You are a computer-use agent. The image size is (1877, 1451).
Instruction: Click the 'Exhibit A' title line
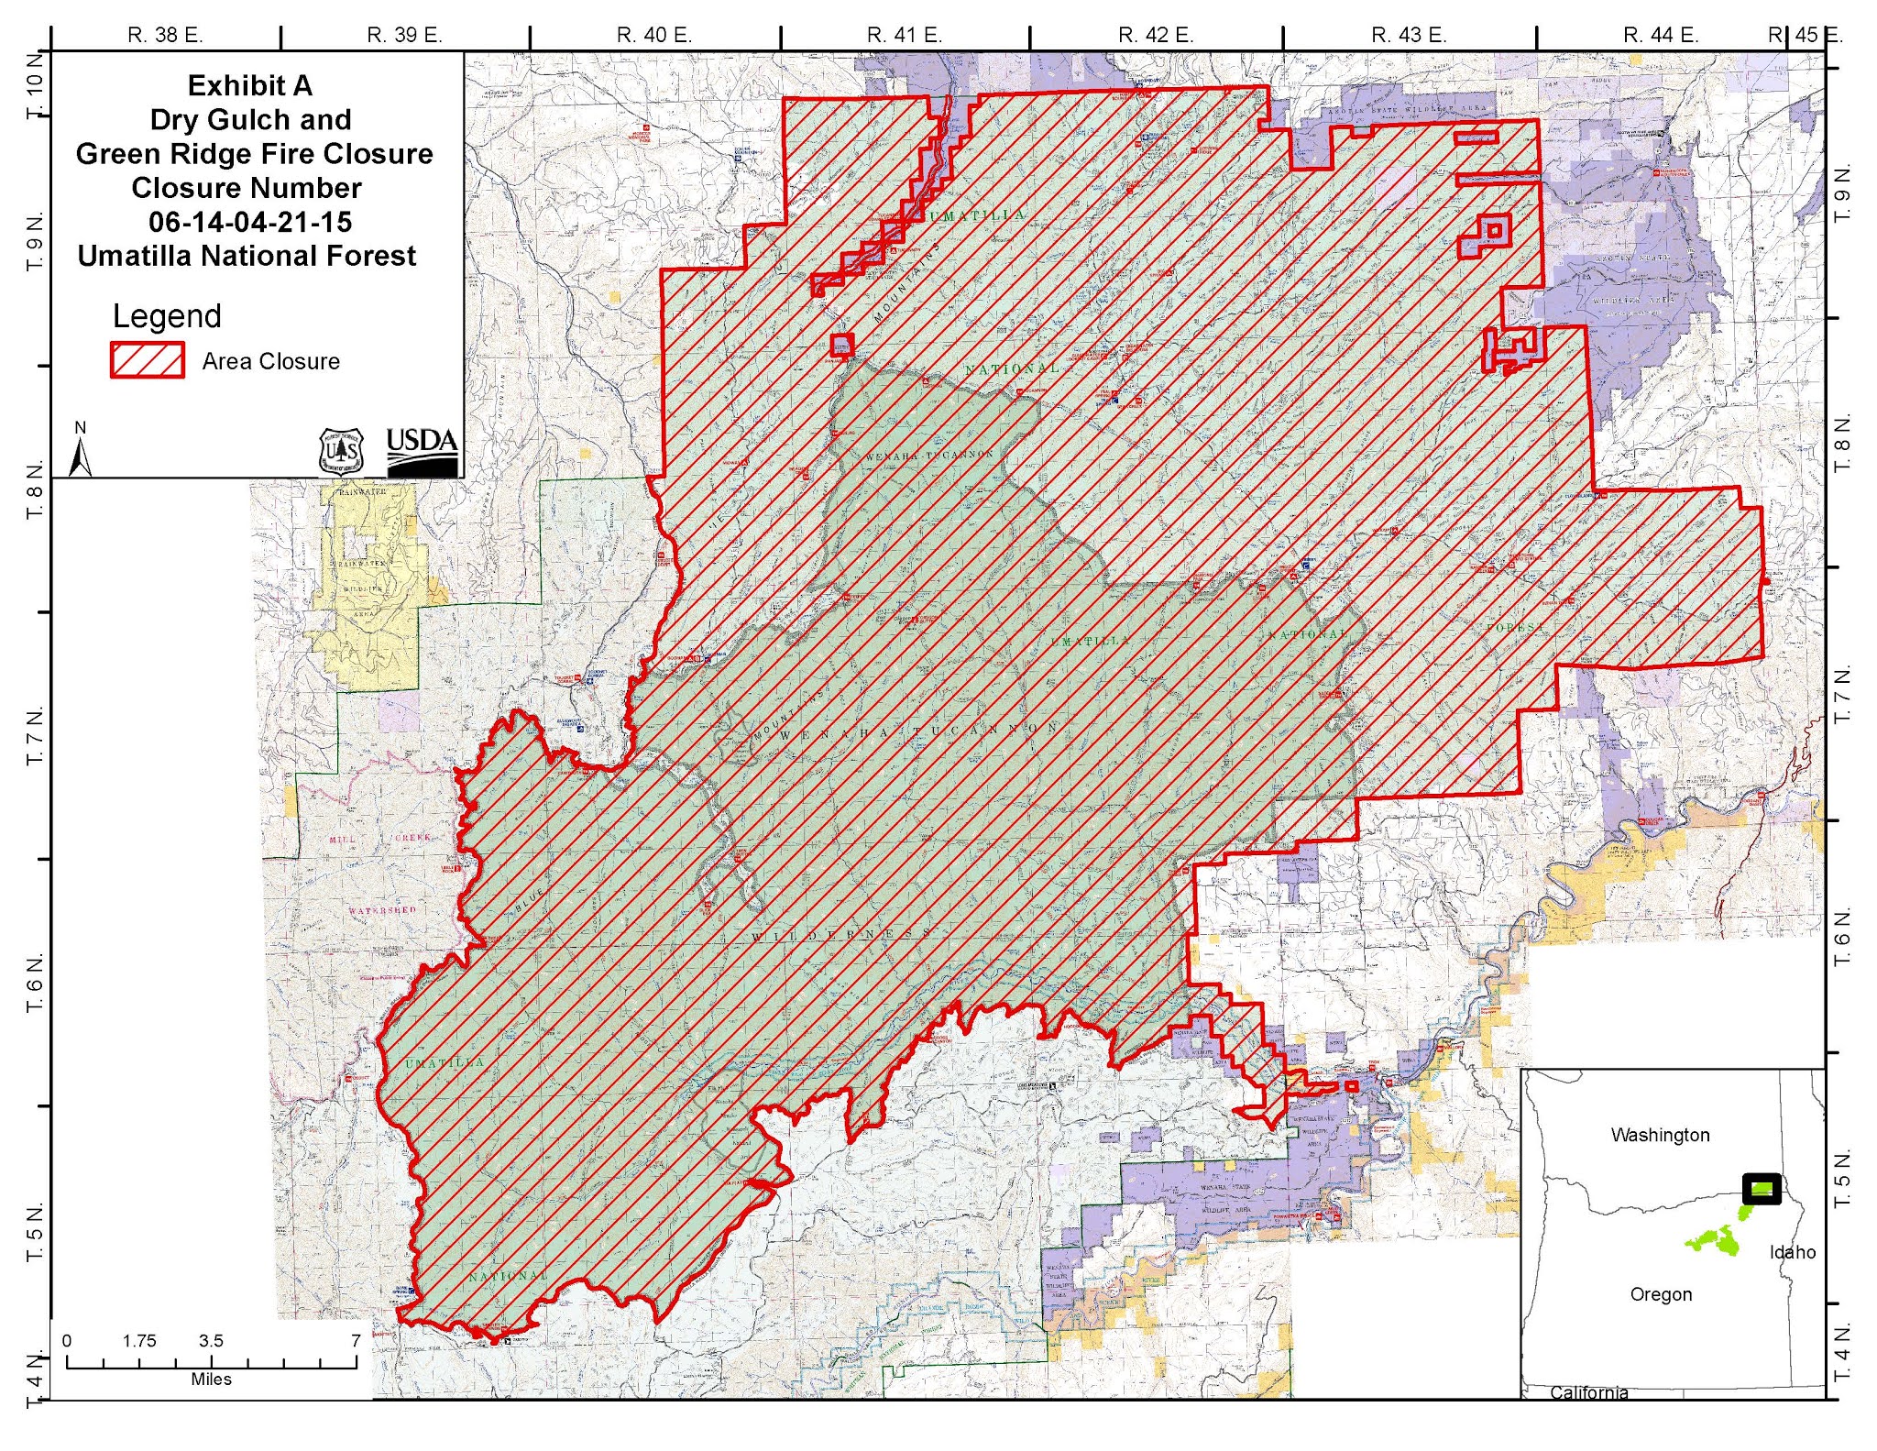click(249, 85)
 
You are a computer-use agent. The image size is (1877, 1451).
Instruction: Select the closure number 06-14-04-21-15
click(249, 222)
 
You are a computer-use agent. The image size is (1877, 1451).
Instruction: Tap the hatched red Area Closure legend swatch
click(147, 360)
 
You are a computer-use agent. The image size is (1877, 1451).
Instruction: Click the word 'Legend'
click(167, 316)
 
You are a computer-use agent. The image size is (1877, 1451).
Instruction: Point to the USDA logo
click(422, 451)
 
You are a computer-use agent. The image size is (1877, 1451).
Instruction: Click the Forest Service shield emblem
click(342, 450)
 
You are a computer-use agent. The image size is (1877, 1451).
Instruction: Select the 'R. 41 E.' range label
click(904, 36)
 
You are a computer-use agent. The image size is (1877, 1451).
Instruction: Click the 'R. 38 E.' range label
click(165, 36)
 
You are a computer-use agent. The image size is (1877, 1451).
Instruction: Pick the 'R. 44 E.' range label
click(1660, 36)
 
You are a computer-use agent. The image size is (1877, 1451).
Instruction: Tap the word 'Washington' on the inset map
click(1660, 1135)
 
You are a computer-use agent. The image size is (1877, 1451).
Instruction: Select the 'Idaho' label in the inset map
click(1792, 1252)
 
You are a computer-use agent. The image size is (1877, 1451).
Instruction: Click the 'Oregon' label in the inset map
click(1661, 1294)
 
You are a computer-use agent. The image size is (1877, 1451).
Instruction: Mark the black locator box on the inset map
click(1761, 1189)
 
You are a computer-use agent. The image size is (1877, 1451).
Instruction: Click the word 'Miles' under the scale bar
click(211, 1380)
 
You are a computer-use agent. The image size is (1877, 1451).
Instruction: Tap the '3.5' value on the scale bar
click(210, 1340)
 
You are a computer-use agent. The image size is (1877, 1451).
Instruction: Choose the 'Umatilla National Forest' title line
click(247, 256)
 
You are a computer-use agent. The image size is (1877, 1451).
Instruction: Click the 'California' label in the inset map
click(1588, 1392)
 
